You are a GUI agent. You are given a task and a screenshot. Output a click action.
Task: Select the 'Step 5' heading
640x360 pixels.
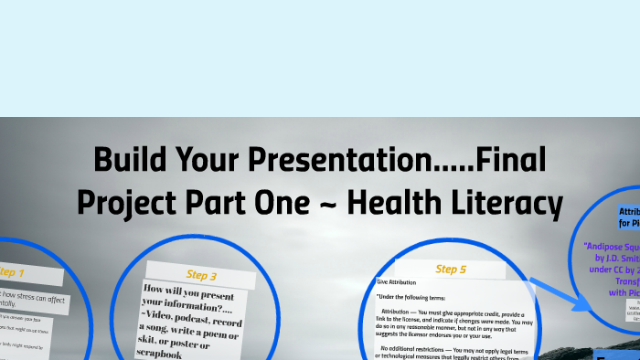point(451,270)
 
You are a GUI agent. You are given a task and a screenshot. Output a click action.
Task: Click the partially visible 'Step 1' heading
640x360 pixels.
point(11,272)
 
